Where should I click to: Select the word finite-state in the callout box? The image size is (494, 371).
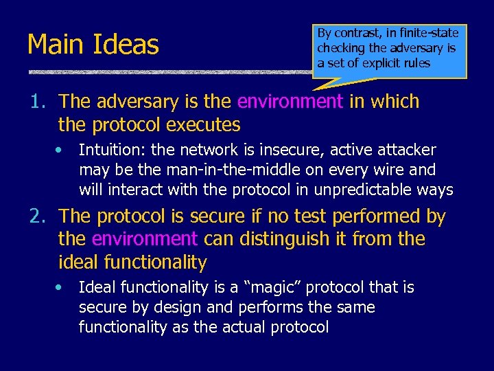(x=430, y=33)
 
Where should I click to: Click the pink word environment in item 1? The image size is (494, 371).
(x=290, y=102)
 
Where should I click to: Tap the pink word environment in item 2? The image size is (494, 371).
(x=145, y=240)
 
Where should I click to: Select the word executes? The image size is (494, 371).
(x=204, y=125)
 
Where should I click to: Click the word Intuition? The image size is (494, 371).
(x=109, y=150)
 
